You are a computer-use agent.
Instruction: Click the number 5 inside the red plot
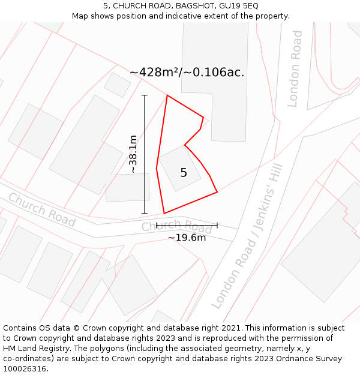point(184,173)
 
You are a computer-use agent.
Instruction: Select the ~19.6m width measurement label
point(187,238)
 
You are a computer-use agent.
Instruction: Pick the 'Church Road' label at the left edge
point(41,210)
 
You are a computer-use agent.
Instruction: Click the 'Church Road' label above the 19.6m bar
point(176,226)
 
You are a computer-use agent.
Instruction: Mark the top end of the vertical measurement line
point(145,95)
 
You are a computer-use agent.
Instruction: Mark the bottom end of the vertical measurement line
point(145,213)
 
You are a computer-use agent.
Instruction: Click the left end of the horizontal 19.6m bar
point(157,226)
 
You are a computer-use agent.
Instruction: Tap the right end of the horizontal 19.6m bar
point(217,226)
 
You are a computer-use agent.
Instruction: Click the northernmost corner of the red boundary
point(167,95)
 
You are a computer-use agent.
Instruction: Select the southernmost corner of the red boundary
point(164,213)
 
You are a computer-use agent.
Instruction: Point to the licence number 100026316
point(25,369)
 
